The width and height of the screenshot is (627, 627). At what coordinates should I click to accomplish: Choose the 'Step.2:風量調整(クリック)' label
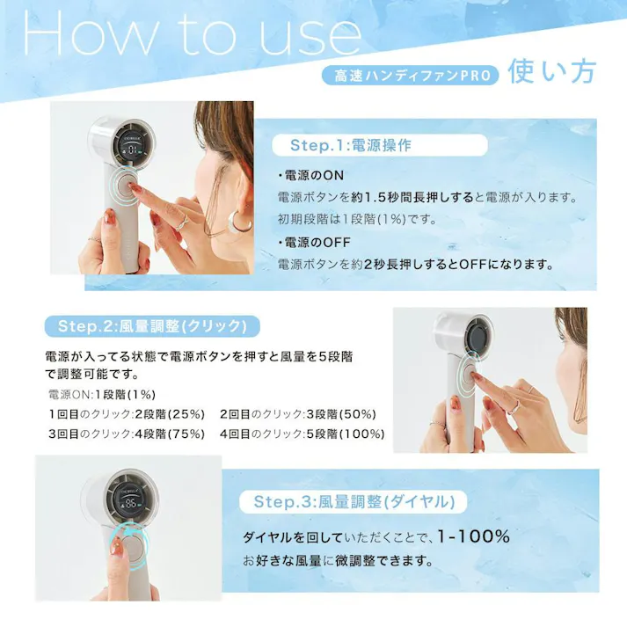(x=152, y=326)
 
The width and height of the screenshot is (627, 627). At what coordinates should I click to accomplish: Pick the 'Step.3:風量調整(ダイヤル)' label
(x=354, y=502)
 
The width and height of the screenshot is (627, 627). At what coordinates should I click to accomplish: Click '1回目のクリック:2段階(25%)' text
(x=127, y=413)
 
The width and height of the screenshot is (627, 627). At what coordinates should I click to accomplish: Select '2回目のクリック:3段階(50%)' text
(x=297, y=413)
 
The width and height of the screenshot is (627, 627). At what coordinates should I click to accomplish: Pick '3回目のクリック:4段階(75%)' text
(x=127, y=434)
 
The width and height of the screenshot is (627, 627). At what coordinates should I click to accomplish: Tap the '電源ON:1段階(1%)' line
(x=103, y=394)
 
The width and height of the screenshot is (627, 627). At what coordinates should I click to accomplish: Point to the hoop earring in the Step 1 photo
(x=239, y=222)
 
